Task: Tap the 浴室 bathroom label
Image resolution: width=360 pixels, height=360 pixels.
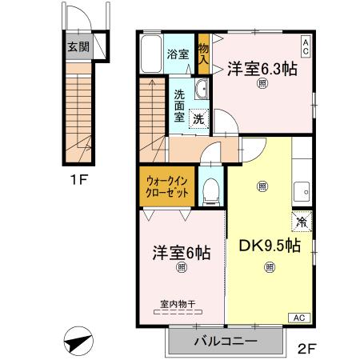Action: (178, 55)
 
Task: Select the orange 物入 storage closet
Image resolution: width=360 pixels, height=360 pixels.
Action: (204, 54)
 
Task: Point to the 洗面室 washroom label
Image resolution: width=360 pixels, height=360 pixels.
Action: (180, 104)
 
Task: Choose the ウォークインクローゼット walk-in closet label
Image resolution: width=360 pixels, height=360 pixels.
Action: (167, 188)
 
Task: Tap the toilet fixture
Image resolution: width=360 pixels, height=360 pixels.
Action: (210, 189)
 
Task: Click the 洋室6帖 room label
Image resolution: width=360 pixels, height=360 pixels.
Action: (182, 252)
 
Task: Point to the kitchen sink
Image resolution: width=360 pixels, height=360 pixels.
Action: (302, 191)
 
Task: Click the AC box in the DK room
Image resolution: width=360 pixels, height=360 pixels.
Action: (298, 318)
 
